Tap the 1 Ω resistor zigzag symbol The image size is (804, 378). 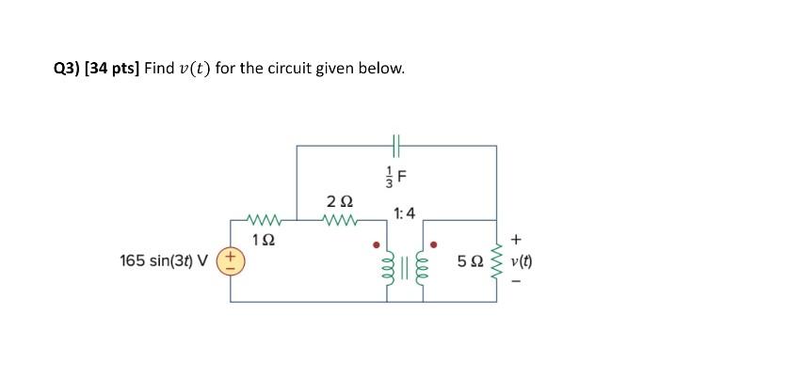(x=265, y=221)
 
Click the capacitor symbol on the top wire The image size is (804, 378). (x=396, y=146)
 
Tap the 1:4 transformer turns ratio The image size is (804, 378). (x=406, y=214)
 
